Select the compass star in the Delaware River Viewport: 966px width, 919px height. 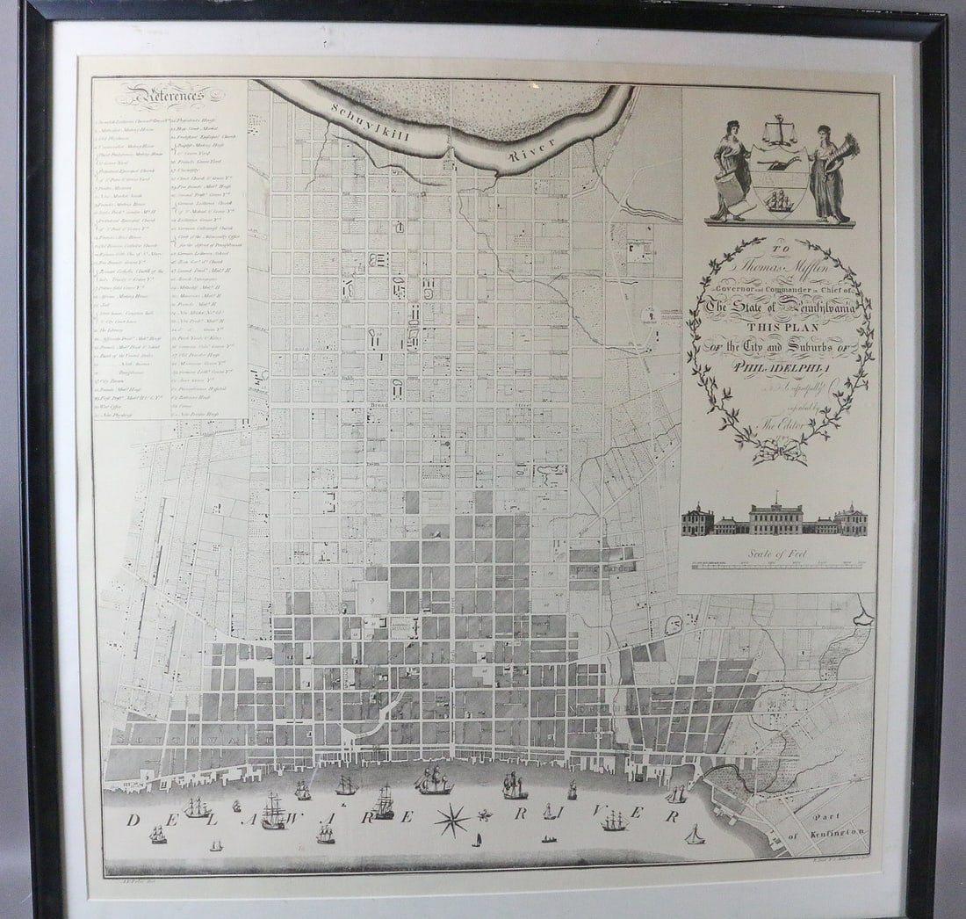(x=452, y=821)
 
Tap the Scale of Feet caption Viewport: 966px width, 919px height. (x=778, y=554)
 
